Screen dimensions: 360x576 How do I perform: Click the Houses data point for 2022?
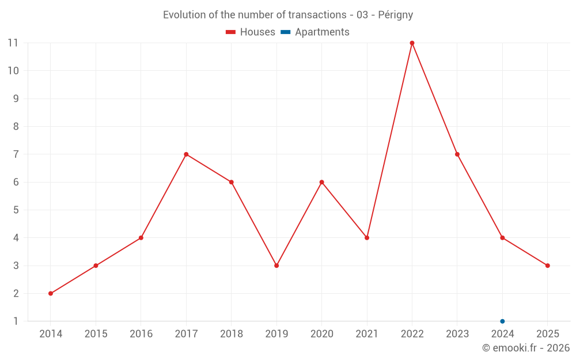pyautogui.click(x=412, y=43)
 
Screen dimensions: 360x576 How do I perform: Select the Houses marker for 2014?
pyautogui.click(x=51, y=293)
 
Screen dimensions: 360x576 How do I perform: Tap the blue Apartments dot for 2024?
pyautogui.click(x=502, y=321)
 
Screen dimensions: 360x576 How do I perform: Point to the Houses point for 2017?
pyautogui.click(x=186, y=154)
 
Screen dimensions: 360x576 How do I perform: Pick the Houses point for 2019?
pyautogui.click(x=276, y=266)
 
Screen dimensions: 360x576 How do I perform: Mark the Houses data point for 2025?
pyautogui.click(x=547, y=266)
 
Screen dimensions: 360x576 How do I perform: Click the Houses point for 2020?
pyautogui.click(x=321, y=182)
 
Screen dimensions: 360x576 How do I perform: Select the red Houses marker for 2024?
pyautogui.click(x=502, y=238)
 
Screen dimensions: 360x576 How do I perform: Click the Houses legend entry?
pyautogui.click(x=251, y=32)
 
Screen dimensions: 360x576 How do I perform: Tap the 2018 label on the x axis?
pyautogui.click(x=231, y=334)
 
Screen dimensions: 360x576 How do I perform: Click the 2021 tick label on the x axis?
pyautogui.click(x=367, y=334)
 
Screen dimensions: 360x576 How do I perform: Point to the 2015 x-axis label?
pyautogui.click(x=96, y=334)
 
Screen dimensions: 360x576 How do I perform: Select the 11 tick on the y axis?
pyautogui.click(x=13, y=43)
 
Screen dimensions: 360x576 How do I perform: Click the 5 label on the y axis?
pyautogui.click(x=16, y=210)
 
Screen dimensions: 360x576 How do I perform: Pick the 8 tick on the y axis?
pyautogui.click(x=16, y=127)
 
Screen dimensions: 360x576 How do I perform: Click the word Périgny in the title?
pyautogui.click(x=396, y=15)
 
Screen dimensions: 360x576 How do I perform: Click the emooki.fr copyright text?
pyautogui.click(x=526, y=348)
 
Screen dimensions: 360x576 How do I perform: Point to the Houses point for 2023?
pyautogui.click(x=457, y=154)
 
